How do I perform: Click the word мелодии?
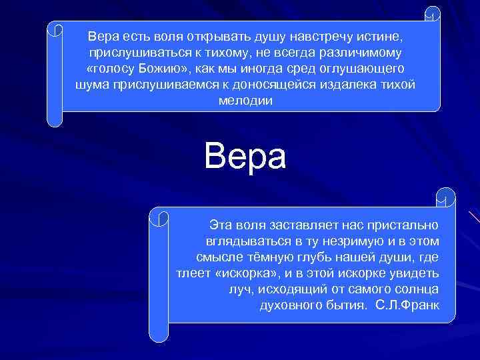point(245,101)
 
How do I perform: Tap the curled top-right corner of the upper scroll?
point(433,15)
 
